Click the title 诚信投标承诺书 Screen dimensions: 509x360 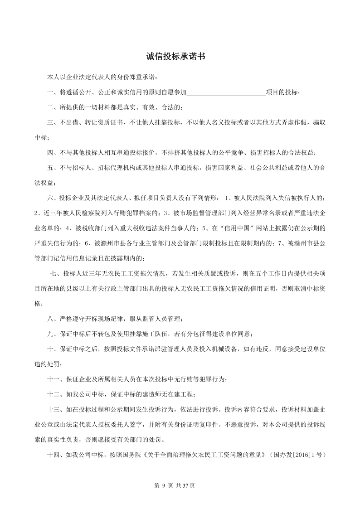176,57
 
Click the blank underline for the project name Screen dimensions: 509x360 226,92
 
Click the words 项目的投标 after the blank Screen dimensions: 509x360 281,92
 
